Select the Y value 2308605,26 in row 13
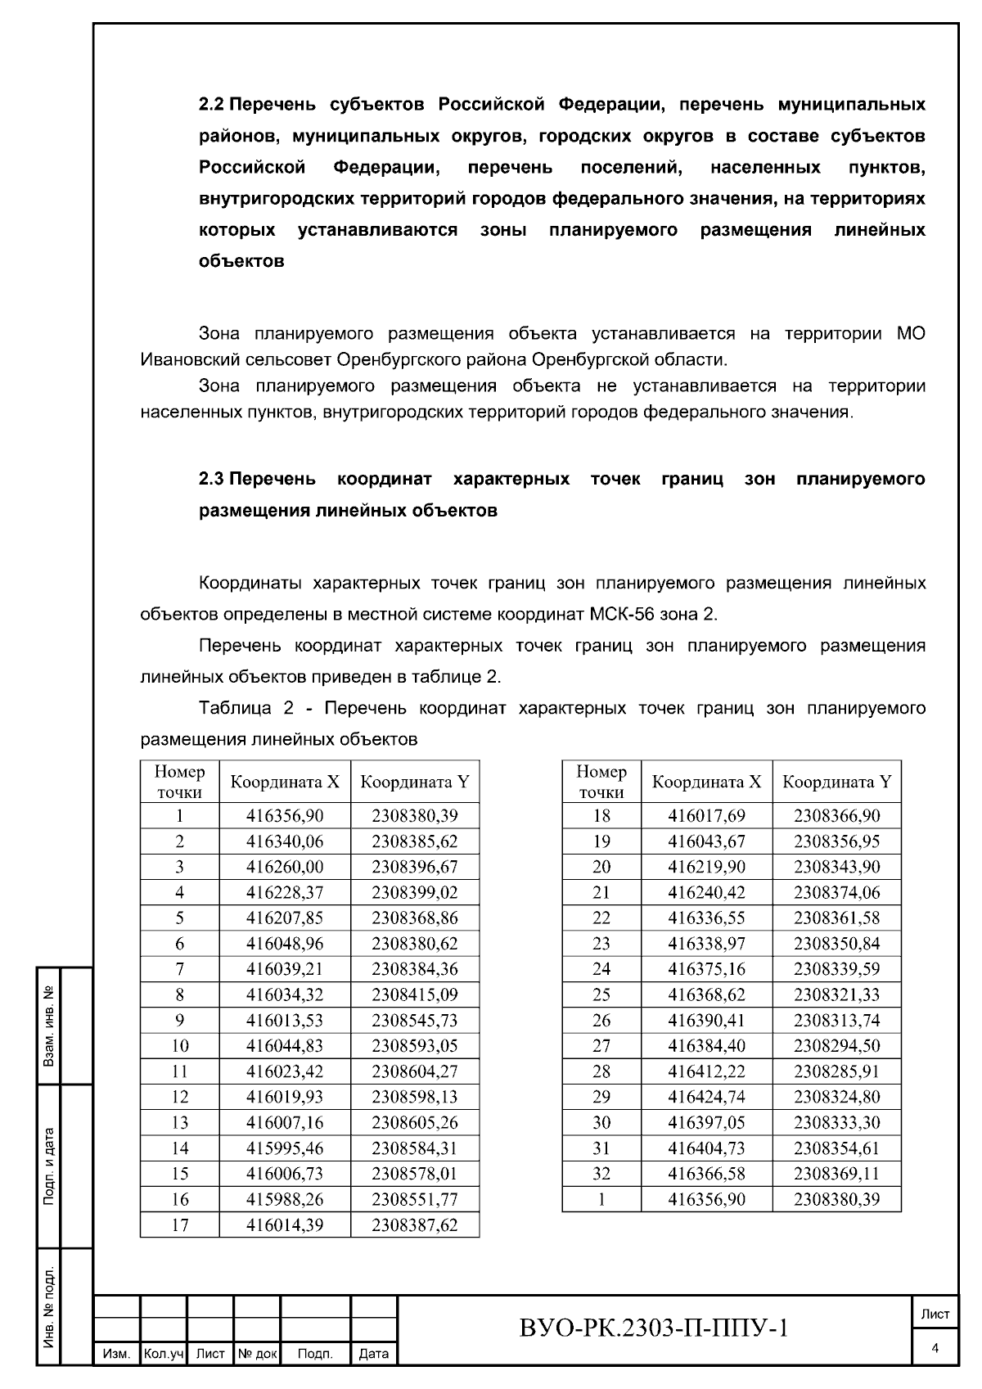[x=414, y=1122]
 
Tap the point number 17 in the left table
[x=179, y=1224]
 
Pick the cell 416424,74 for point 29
[x=706, y=1097]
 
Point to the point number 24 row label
[x=601, y=969]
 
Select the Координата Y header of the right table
[x=836, y=782]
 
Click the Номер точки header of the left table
[x=179, y=782]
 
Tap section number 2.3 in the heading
[x=211, y=479]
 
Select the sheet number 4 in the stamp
[x=935, y=1348]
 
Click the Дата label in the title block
[x=374, y=1355]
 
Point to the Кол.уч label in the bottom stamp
[x=164, y=1355]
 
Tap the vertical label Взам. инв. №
[x=49, y=1026]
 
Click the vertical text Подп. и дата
[x=49, y=1166]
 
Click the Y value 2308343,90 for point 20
[x=836, y=867]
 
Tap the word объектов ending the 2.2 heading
[x=241, y=261]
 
